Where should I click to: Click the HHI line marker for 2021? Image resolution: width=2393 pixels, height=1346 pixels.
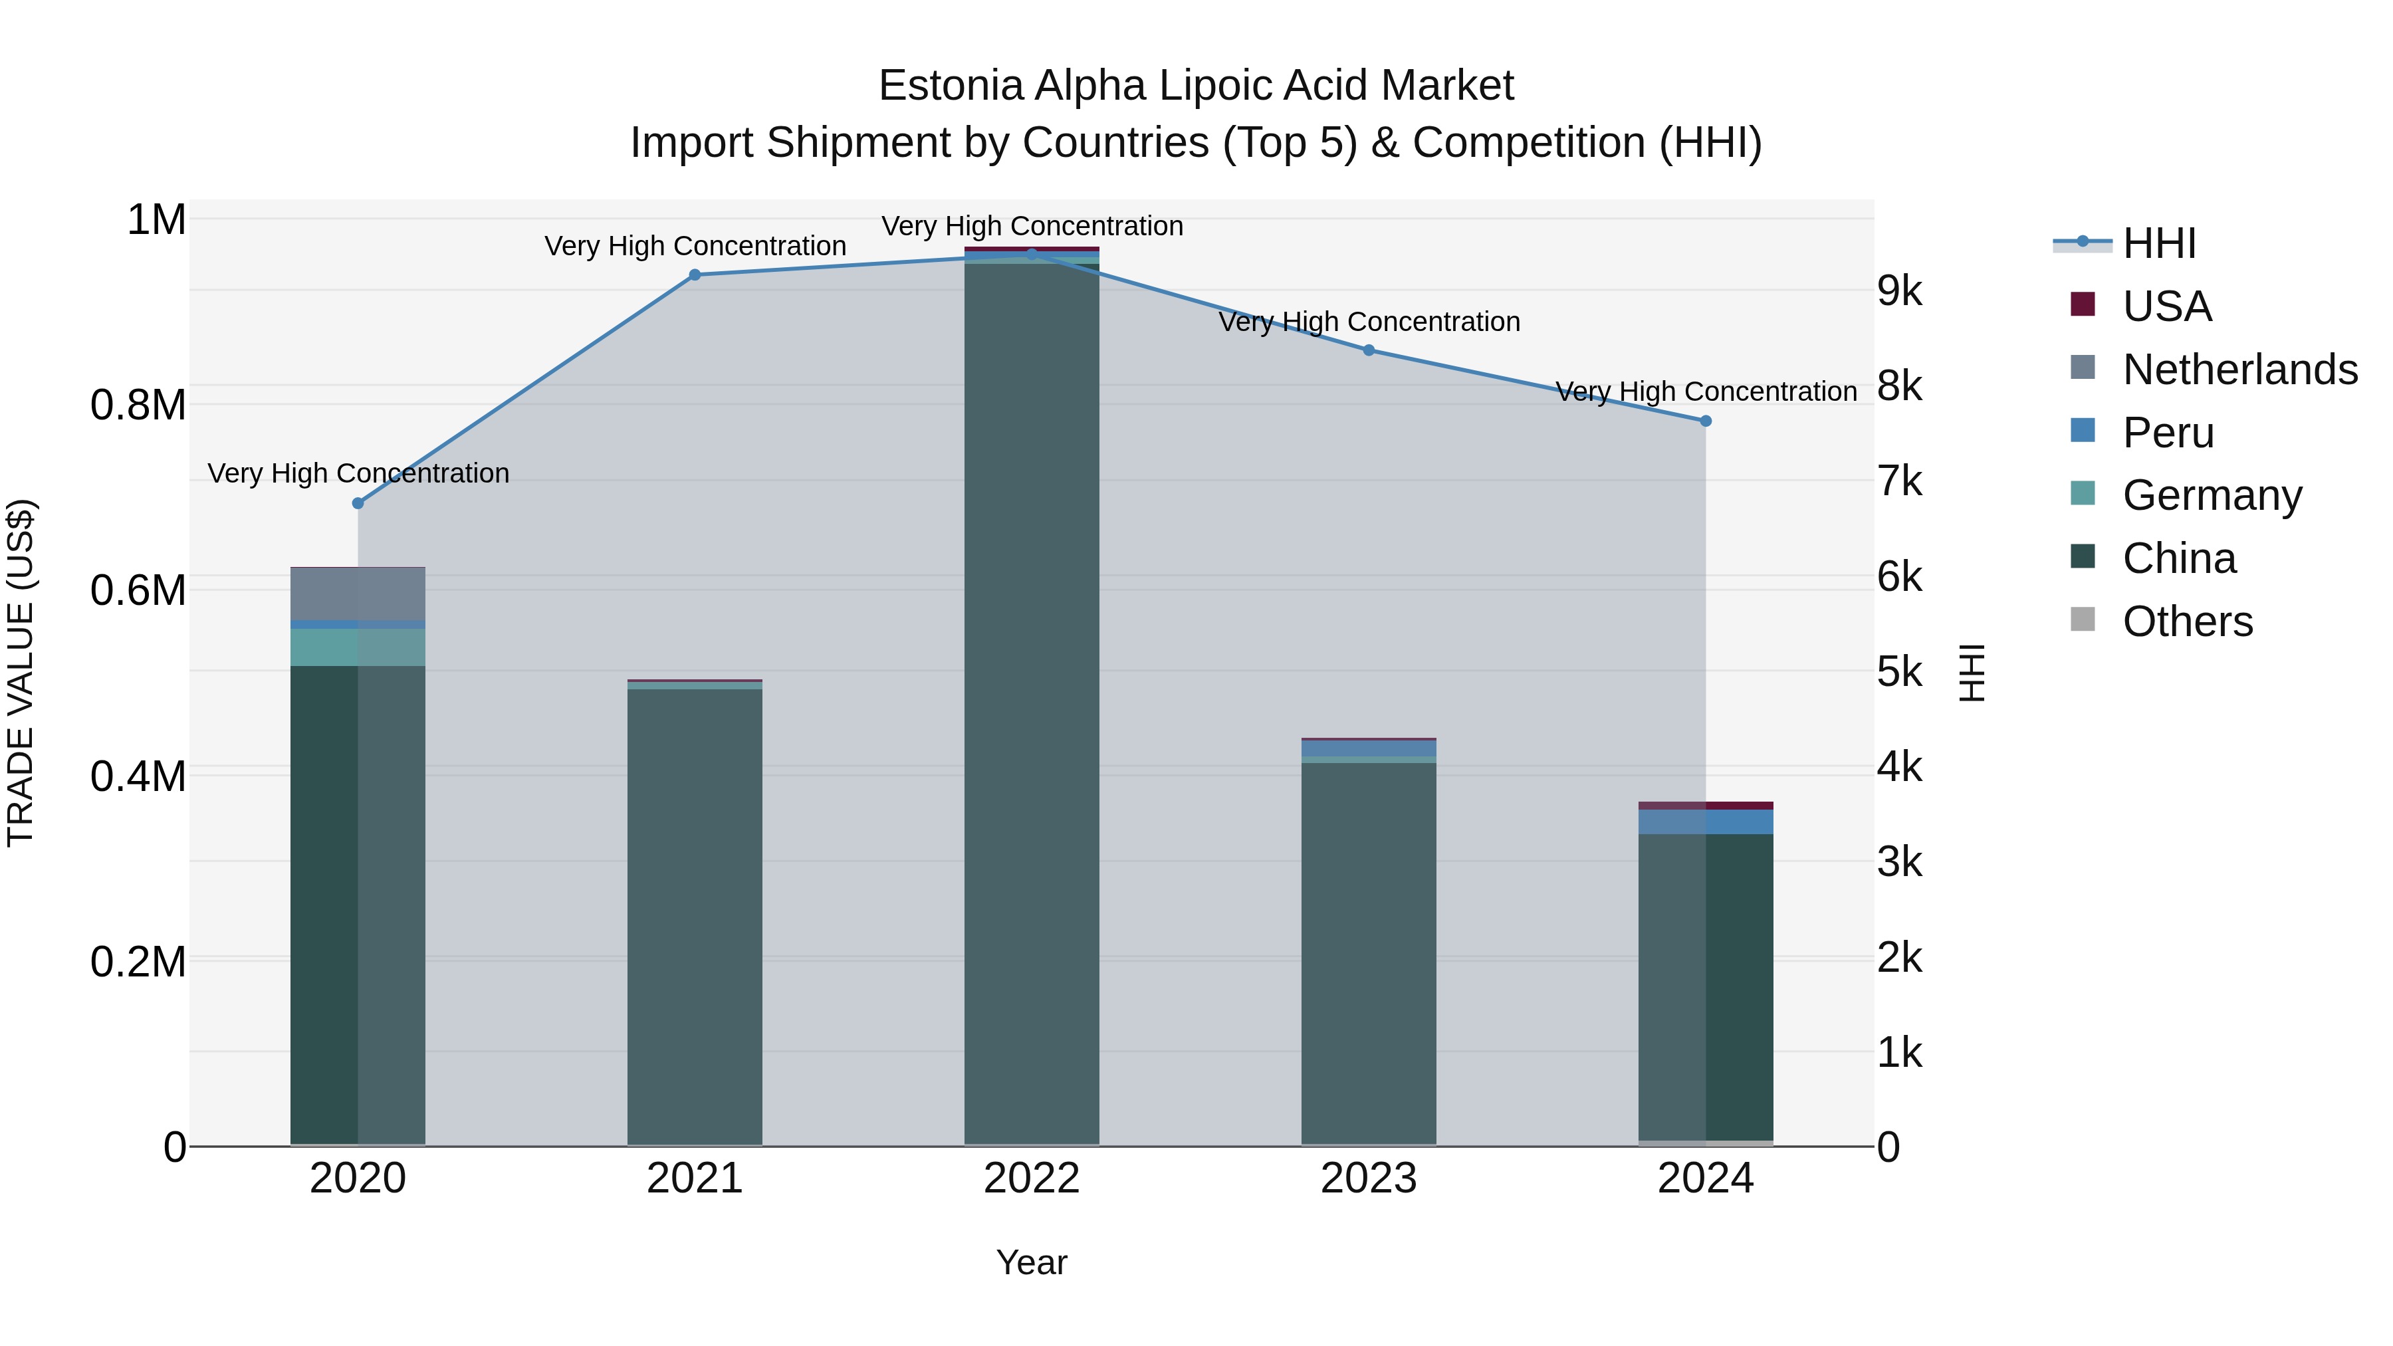pyautogui.click(x=695, y=275)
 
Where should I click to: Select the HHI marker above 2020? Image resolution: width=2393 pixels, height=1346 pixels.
pyautogui.click(x=358, y=503)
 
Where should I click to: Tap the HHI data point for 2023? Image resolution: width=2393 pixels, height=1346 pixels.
pyautogui.click(x=1369, y=350)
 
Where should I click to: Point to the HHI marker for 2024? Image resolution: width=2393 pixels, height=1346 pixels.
pyautogui.click(x=1706, y=421)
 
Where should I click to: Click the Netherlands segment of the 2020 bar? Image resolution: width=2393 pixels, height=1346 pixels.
pyautogui.click(x=358, y=594)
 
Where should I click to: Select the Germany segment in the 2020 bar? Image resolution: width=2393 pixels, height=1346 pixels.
pyautogui.click(x=358, y=647)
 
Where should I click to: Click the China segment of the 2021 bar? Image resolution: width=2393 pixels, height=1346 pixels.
pyautogui.click(x=695, y=915)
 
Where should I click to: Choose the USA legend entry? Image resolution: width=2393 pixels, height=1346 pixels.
pyautogui.click(x=2166, y=306)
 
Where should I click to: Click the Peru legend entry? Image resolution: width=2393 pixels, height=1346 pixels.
pyautogui.click(x=2168, y=433)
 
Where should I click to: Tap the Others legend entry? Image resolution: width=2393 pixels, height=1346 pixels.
pyautogui.click(x=2187, y=621)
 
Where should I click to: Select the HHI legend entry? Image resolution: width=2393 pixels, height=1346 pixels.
pyautogui.click(x=2159, y=243)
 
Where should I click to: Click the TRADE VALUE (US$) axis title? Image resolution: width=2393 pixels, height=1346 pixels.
pyautogui.click(x=21, y=673)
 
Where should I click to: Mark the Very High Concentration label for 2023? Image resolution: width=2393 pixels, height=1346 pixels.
pyautogui.click(x=1369, y=322)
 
